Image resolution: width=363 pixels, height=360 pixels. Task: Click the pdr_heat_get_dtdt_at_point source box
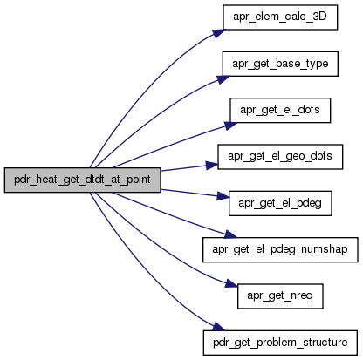click(82, 180)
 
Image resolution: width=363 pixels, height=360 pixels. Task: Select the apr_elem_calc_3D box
click(280, 17)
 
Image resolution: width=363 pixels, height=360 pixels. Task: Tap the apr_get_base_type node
click(280, 64)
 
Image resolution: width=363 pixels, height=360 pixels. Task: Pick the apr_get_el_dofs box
click(280, 110)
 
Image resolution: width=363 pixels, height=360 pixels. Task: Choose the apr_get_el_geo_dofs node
click(280, 157)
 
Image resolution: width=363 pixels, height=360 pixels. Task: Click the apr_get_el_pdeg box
click(280, 203)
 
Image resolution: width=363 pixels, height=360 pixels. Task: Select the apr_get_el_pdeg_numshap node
click(280, 249)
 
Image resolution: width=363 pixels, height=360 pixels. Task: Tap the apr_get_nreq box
click(280, 296)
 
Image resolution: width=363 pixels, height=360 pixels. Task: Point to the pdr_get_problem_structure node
click(280, 343)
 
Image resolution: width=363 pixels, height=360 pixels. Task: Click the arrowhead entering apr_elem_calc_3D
click(219, 33)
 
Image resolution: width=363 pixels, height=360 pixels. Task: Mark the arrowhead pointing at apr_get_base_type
click(223, 79)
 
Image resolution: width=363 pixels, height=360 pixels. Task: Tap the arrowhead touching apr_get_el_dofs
click(230, 126)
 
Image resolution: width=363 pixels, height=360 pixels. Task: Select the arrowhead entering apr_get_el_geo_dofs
click(212, 166)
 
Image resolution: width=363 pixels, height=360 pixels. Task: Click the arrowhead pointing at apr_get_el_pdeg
click(223, 196)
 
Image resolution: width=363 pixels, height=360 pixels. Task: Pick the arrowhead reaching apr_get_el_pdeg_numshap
click(231, 234)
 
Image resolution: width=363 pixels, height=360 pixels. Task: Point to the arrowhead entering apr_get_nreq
click(232, 283)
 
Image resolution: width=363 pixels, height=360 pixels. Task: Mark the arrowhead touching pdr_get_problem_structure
click(219, 327)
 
